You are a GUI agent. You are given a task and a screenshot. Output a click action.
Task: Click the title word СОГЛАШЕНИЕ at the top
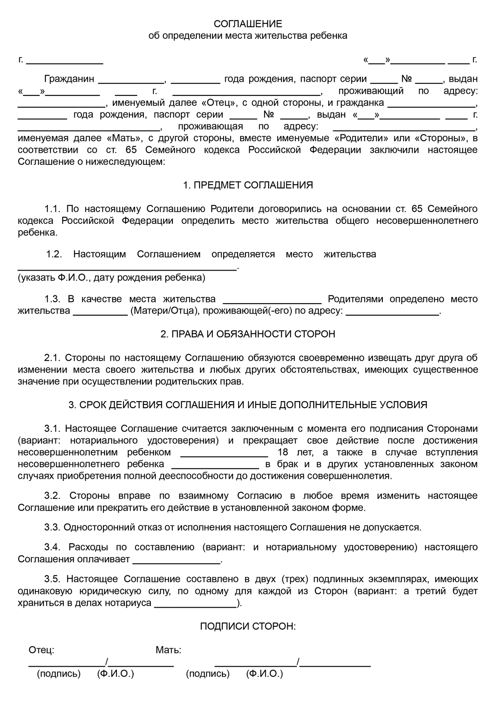coord(248,24)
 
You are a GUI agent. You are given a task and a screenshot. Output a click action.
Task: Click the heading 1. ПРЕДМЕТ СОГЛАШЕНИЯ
coord(248,185)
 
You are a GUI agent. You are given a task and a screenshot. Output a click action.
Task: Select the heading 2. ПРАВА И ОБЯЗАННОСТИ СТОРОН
coord(248,334)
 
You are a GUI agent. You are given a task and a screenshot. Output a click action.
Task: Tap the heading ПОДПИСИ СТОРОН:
coord(248,626)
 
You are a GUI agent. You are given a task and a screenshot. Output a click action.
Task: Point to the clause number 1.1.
coord(52,209)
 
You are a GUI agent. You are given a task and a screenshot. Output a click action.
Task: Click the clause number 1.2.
coord(54,254)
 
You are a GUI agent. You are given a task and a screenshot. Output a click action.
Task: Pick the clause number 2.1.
coord(52,357)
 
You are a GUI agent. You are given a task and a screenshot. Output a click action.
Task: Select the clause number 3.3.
coord(52,527)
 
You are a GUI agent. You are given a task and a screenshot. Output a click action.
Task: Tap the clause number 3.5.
coord(52,579)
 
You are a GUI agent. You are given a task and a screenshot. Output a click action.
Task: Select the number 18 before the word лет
coord(284,452)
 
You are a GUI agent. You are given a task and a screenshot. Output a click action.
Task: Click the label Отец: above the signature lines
coord(41,650)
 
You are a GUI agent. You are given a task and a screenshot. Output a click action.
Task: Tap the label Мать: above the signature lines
coord(168,650)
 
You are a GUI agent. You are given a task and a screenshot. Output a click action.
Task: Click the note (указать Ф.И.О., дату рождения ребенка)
coord(111,278)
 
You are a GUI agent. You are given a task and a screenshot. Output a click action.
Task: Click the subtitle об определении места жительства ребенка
coord(248,36)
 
